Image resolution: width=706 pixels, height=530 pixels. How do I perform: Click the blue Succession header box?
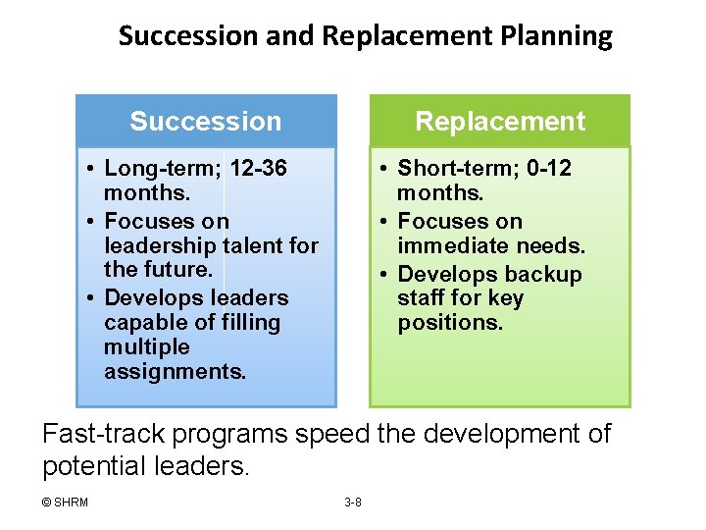pos(206,121)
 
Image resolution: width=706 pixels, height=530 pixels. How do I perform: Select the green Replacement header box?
pos(500,121)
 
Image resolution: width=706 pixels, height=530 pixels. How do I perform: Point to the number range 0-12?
pos(549,169)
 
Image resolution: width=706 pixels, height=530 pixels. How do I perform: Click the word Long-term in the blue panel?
pos(159,169)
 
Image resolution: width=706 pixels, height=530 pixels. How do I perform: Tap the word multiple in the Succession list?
pos(146,347)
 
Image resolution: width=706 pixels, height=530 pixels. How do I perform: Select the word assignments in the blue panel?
pos(176,372)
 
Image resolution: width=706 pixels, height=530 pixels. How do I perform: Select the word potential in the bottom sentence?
pos(93,465)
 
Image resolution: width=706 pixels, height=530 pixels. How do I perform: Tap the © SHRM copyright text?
pos(65,503)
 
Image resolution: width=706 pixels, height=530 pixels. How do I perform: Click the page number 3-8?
pos(353,503)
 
